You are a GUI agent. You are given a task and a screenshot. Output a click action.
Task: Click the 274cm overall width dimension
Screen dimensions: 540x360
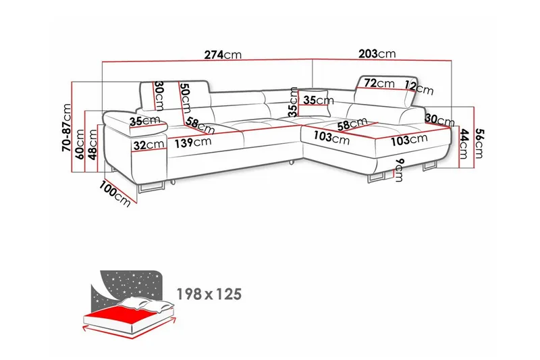pos(223,55)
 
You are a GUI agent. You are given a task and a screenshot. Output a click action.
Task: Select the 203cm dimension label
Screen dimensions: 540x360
pos(377,54)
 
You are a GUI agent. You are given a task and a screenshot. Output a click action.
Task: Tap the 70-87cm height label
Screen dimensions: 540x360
pos(66,128)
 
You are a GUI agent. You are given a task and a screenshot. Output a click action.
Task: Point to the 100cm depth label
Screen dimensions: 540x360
pos(115,195)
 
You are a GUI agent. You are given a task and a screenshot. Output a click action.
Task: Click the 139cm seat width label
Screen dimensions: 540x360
pos(193,142)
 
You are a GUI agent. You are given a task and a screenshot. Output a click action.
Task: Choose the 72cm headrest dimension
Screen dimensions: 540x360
pos(379,83)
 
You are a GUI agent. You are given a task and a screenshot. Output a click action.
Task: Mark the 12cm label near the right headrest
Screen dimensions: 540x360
pos(418,88)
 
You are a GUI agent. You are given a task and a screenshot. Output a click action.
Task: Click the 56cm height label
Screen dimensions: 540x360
pos(479,143)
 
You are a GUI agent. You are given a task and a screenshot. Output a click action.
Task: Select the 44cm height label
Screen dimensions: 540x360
pos(464,144)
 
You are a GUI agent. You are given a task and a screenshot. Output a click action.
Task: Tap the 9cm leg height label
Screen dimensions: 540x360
pos(400,170)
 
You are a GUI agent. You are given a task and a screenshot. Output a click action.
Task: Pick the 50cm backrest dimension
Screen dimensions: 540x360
pos(186,98)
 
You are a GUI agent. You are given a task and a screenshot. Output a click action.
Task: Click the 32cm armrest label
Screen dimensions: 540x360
pos(148,145)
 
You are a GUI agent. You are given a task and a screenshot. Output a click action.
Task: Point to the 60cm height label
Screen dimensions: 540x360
pos(80,144)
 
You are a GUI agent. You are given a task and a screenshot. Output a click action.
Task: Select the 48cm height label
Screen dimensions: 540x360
pos(92,145)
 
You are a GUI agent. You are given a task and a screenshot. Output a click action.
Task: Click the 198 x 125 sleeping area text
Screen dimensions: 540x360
pos(209,294)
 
